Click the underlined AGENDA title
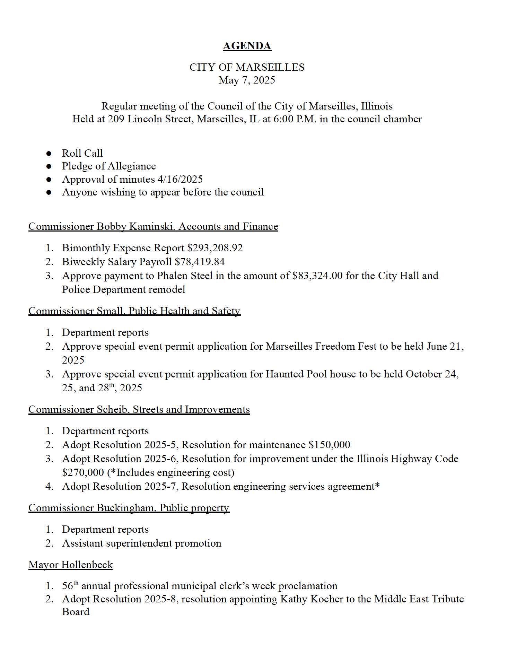tap(247, 46)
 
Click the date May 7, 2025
tap(247, 80)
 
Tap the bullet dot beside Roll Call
tap(49, 153)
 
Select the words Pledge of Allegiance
tap(109, 166)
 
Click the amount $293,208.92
tap(215, 248)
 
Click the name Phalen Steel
tap(185, 276)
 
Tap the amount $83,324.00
tap(317, 276)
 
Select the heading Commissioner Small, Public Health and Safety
tap(134, 311)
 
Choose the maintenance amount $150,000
tap(329, 445)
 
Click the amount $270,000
tap(83, 472)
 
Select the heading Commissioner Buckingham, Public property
tap(129, 508)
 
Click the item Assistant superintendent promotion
tap(141, 543)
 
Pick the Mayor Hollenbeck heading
tap(71, 565)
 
